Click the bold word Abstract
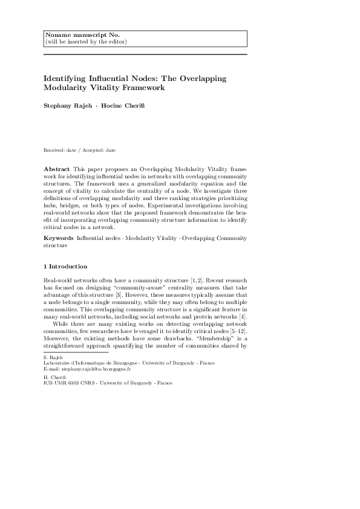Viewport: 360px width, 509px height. (x=57, y=167)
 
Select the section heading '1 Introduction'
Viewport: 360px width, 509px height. (x=65, y=267)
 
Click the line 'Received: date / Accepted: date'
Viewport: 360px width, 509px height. (x=80, y=149)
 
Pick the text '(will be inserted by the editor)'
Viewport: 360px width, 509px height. (x=86, y=42)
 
